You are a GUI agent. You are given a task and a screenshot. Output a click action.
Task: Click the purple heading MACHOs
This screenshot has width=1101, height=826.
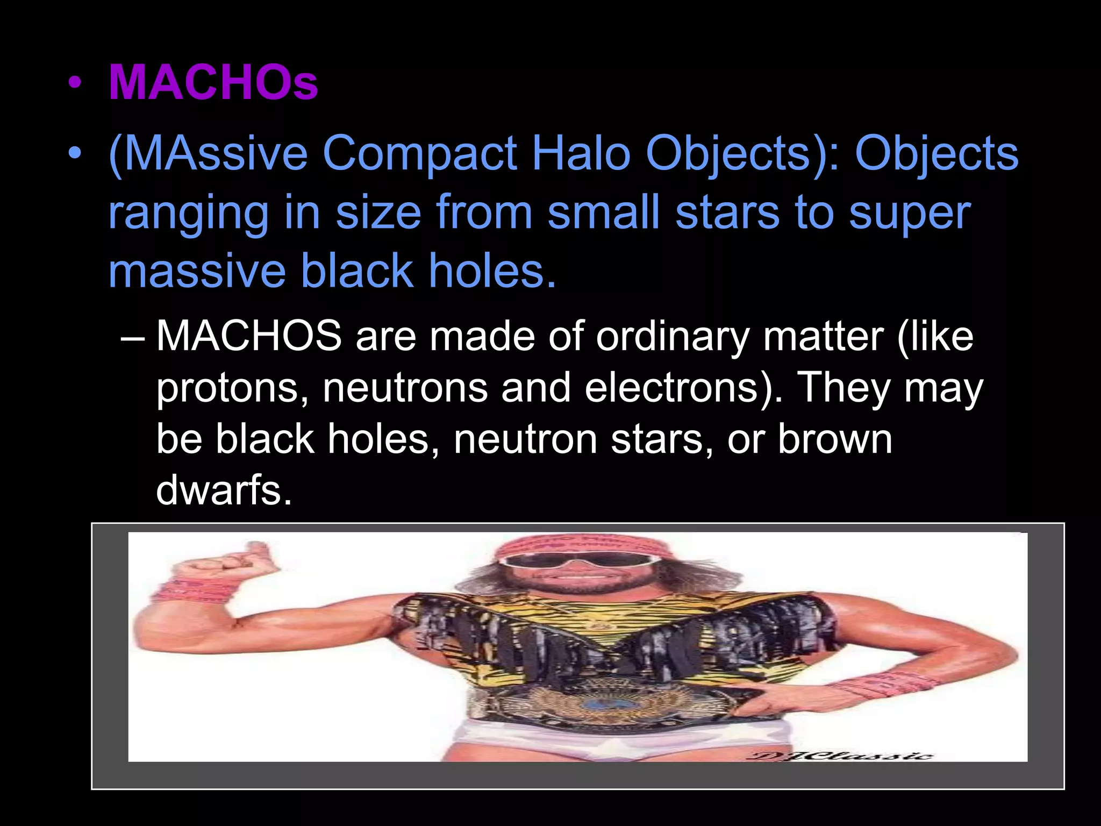pos(213,83)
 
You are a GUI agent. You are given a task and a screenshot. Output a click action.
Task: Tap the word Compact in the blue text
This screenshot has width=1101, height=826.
pos(419,154)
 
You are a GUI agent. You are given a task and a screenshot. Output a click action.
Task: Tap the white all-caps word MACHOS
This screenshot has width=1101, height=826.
pos(249,337)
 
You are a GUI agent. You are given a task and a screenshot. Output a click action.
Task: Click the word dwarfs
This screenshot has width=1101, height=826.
pos(224,490)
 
